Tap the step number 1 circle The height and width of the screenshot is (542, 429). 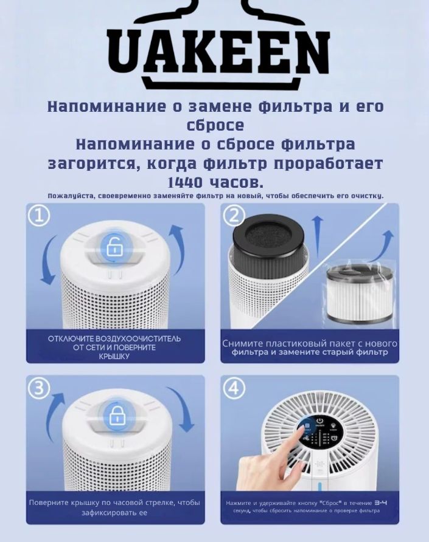click(x=40, y=215)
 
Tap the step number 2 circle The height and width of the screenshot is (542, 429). click(x=235, y=216)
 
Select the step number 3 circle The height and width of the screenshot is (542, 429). click(x=40, y=388)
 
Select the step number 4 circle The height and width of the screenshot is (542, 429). click(x=235, y=388)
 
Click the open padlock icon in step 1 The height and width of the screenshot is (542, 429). click(x=114, y=247)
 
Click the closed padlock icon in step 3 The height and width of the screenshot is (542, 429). click(x=114, y=418)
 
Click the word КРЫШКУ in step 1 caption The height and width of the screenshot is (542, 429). click(x=114, y=357)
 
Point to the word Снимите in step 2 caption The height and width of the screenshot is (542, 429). click(x=243, y=343)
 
